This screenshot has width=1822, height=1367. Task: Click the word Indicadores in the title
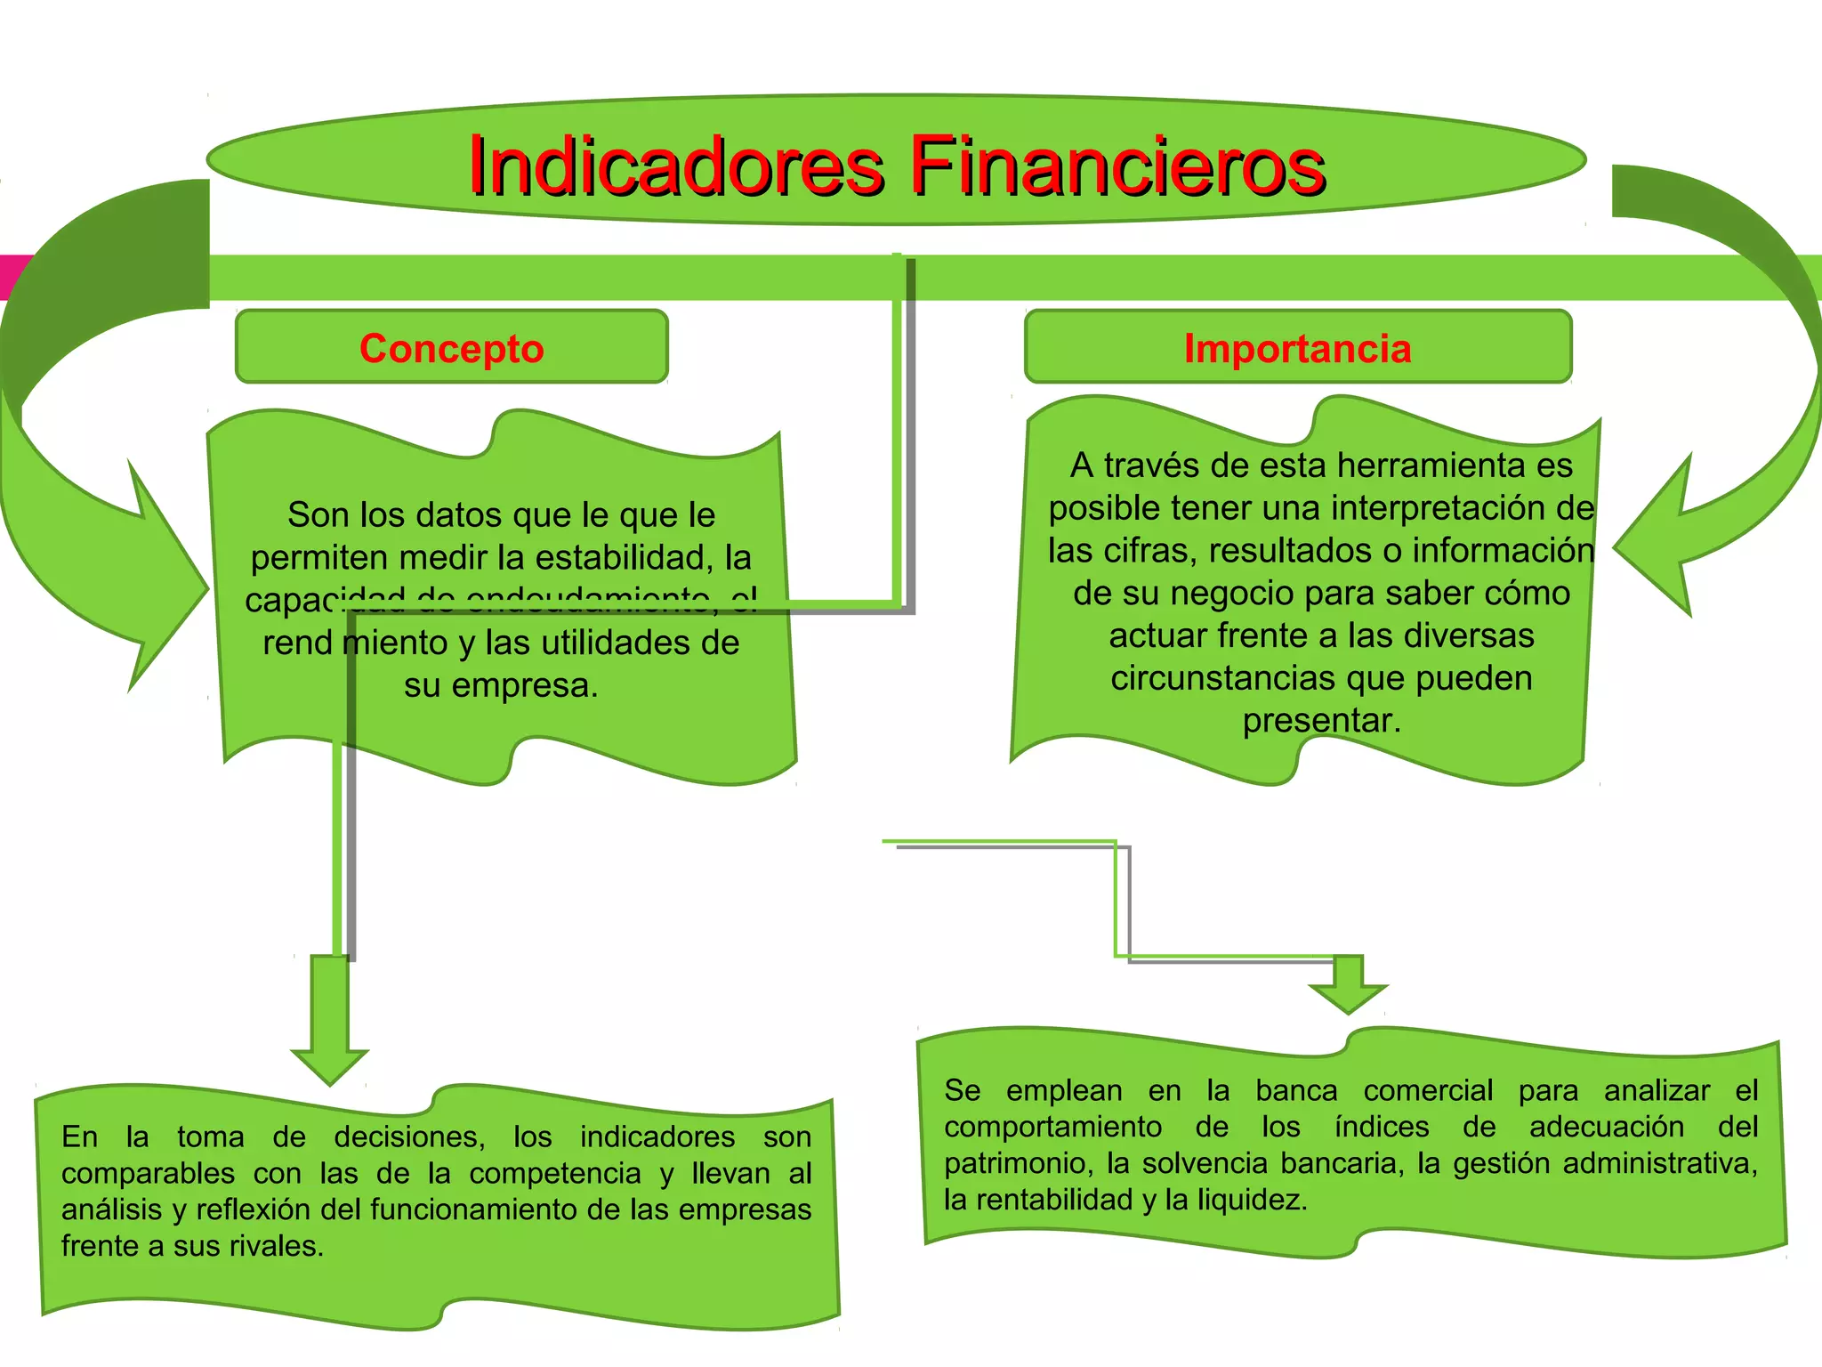point(676,166)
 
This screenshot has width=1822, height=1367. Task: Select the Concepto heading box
point(451,347)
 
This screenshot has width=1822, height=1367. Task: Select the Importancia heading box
point(1297,347)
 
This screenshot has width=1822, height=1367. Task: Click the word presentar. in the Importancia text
point(1321,720)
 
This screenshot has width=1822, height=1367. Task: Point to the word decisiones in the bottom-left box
point(409,1136)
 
